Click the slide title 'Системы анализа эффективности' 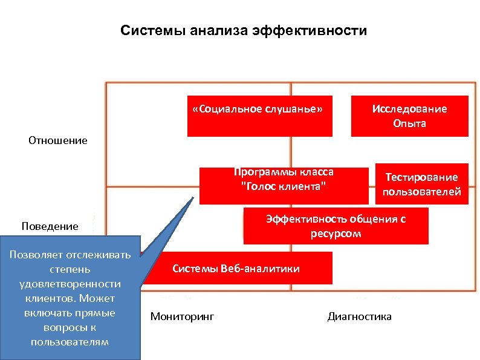click(x=243, y=30)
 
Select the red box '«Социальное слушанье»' click(x=259, y=116)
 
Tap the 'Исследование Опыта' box click(x=409, y=116)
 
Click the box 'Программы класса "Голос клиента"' click(x=284, y=185)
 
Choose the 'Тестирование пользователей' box click(x=421, y=184)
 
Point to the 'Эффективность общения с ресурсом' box click(x=336, y=226)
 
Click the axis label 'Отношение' click(x=58, y=140)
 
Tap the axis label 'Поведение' click(x=50, y=226)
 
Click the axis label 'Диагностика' click(x=359, y=316)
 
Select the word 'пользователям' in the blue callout click(x=69, y=342)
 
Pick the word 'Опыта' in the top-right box click(x=409, y=123)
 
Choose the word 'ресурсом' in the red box click(x=336, y=234)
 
